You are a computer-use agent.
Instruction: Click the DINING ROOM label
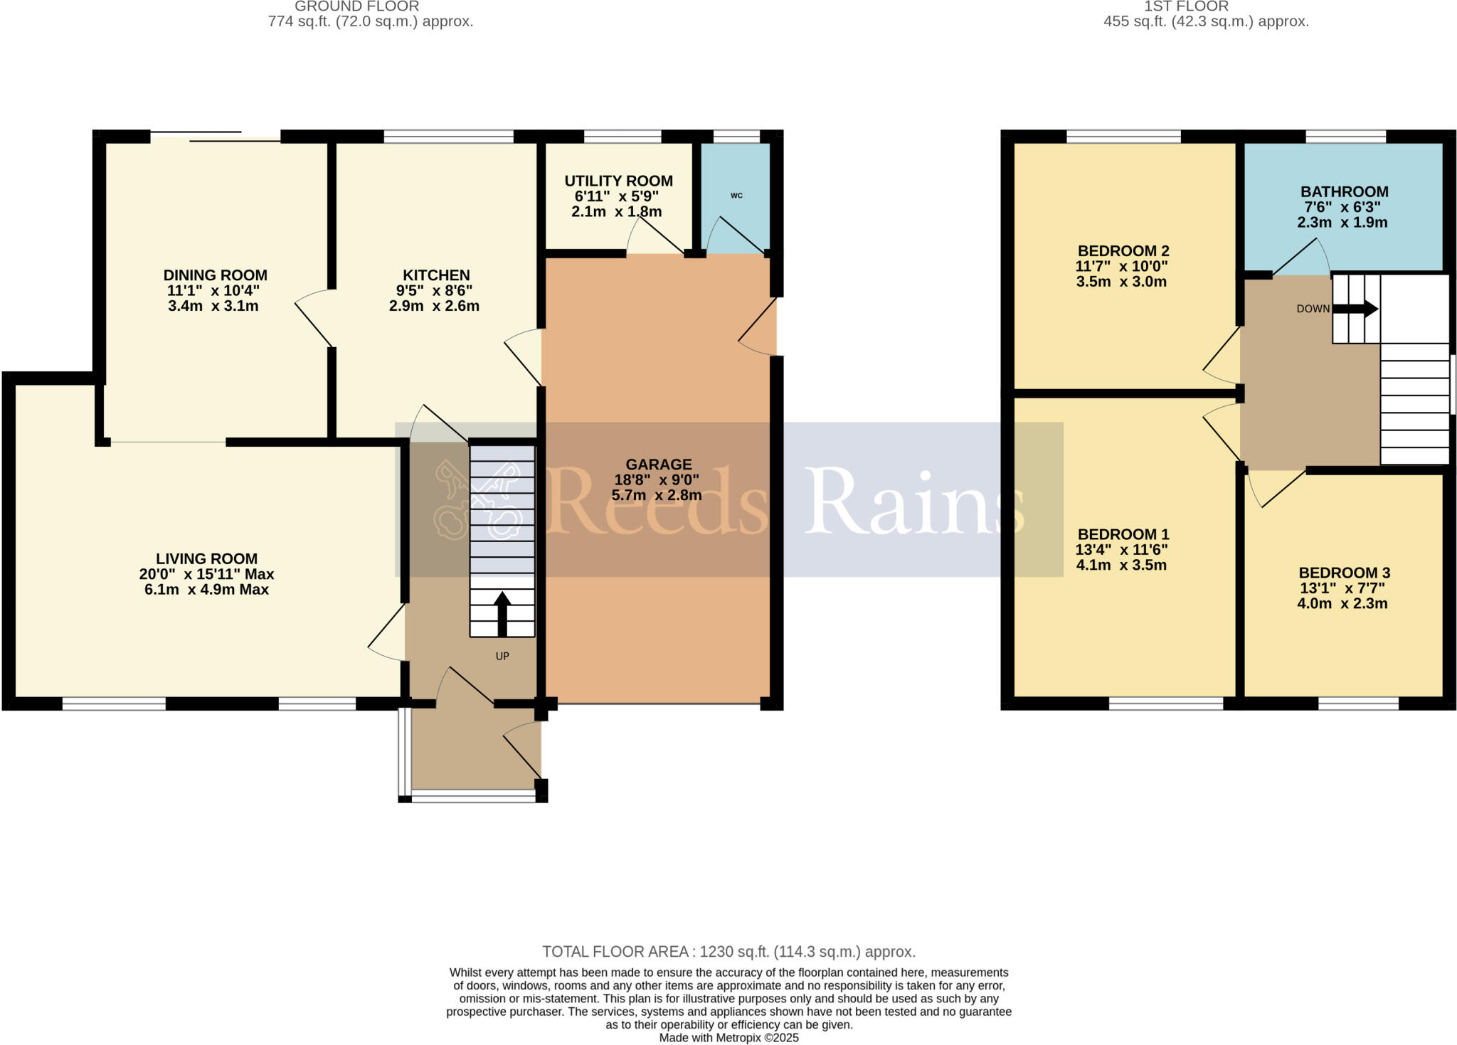pos(215,275)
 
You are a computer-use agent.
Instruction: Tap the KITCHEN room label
pos(436,275)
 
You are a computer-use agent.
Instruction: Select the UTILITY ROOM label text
pos(618,181)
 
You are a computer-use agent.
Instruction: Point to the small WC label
pos(736,196)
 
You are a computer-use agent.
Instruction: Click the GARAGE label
pos(658,465)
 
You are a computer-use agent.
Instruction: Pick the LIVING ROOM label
pos(206,559)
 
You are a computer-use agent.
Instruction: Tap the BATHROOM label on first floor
pos(1344,191)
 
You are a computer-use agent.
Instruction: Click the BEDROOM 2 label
pos(1123,250)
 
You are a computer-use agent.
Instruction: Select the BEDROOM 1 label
pos(1123,534)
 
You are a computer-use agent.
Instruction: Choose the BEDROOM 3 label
pos(1344,573)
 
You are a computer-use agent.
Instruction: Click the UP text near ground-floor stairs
pos(502,656)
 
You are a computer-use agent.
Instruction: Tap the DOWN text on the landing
pos(1313,309)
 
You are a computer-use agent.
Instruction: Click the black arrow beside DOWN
pos(1355,309)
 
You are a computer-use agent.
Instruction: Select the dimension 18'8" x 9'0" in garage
pos(657,480)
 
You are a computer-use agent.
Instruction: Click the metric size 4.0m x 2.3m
pos(1342,604)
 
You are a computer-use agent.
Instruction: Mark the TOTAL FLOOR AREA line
pos(728,952)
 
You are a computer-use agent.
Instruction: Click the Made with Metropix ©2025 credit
pos(728,1038)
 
